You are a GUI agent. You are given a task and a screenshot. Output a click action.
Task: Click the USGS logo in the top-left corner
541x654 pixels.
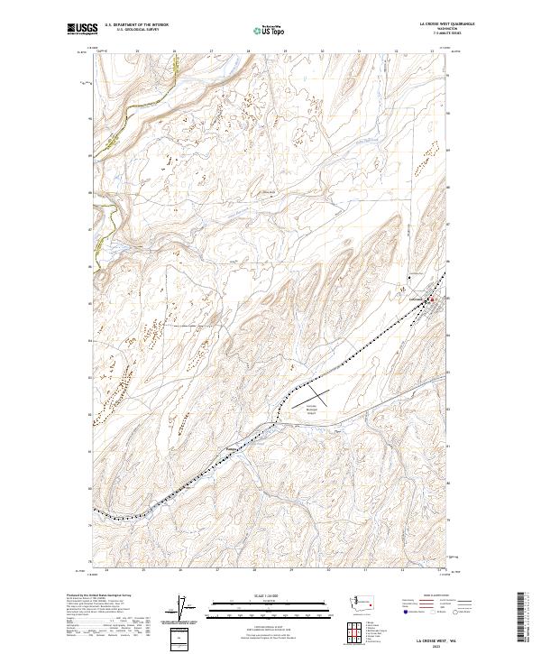(x=82, y=30)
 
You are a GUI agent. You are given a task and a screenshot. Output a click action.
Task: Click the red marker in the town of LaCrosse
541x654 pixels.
(x=431, y=299)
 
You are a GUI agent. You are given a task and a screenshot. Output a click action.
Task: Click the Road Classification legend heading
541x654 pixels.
(x=434, y=596)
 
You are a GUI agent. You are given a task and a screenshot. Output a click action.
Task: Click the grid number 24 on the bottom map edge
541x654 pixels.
(x=106, y=570)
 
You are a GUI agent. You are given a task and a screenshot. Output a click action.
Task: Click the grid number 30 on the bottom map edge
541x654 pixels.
(x=328, y=570)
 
